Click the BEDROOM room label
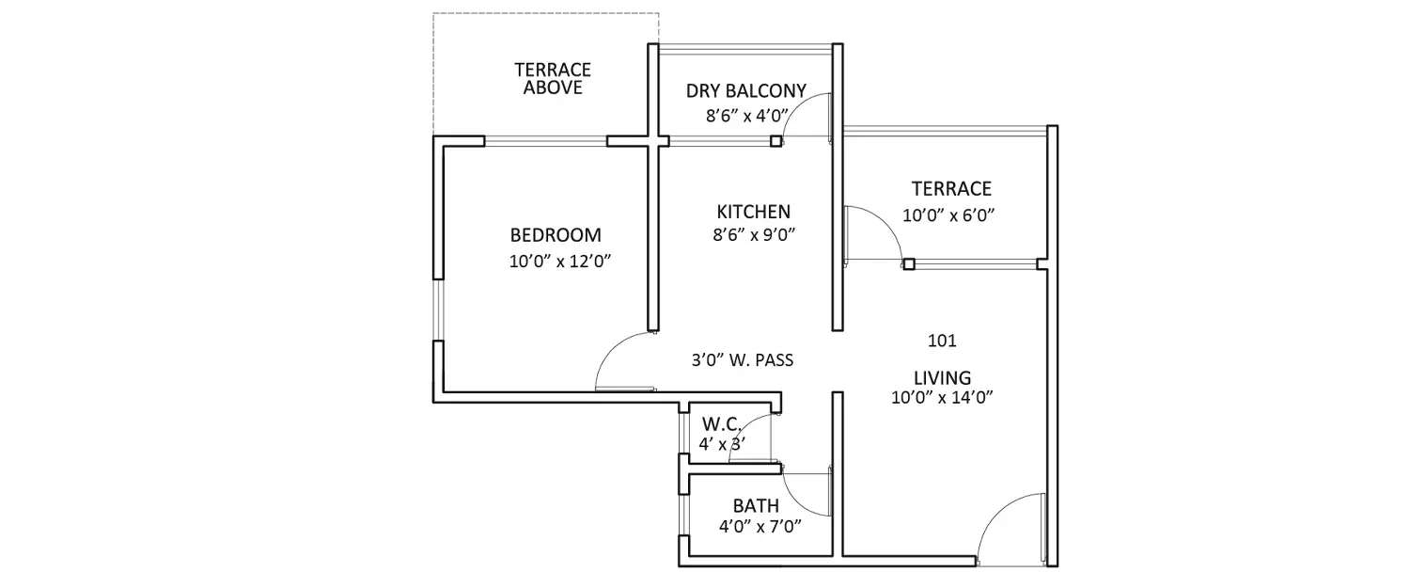(556, 235)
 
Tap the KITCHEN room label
(753, 212)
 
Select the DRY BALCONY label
(745, 91)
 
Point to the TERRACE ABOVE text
(553, 79)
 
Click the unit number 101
(941, 341)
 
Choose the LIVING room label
(942, 377)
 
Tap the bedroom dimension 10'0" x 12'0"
(561, 262)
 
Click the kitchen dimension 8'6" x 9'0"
(754, 236)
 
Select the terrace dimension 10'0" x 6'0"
(948, 215)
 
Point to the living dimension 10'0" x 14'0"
(943, 398)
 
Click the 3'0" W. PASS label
(744, 359)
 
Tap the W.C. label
(720, 424)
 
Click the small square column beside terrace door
(909, 264)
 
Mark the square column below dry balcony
(775, 142)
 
